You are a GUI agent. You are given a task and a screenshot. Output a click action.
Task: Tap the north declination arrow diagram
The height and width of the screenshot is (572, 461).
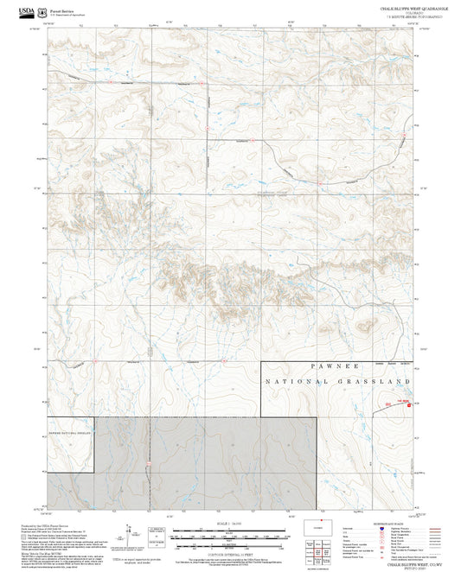click(152, 536)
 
